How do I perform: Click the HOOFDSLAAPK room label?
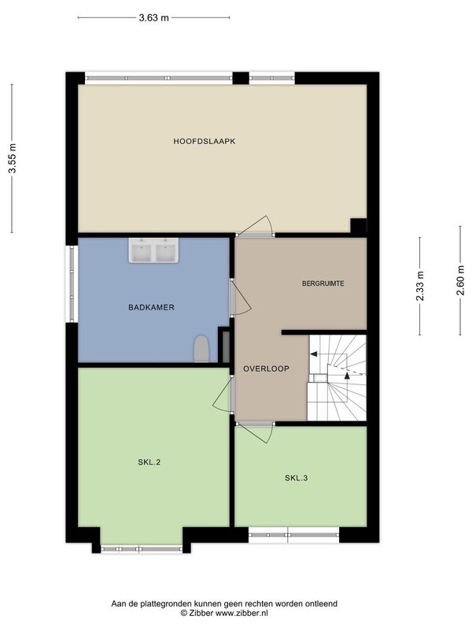(x=205, y=142)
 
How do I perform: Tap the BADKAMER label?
(x=151, y=307)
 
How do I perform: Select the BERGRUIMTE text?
(x=323, y=283)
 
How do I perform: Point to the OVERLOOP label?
(x=266, y=369)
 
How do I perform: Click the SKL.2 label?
(x=149, y=462)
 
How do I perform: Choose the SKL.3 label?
(x=297, y=478)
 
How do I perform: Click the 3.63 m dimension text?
(x=153, y=17)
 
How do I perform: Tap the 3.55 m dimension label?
(x=13, y=158)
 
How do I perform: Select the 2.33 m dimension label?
(x=420, y=286)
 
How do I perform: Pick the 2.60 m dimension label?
(x=460, y=280)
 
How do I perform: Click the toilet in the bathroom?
(x=201, y=349)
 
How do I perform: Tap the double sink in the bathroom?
(x=153, y=250)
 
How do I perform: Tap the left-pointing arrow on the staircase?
(x=313, y=354)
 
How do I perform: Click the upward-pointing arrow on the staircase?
(x=347, y=376)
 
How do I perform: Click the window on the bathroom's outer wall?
(x=72, y=284)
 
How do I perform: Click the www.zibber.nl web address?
(x=242, y=613)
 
